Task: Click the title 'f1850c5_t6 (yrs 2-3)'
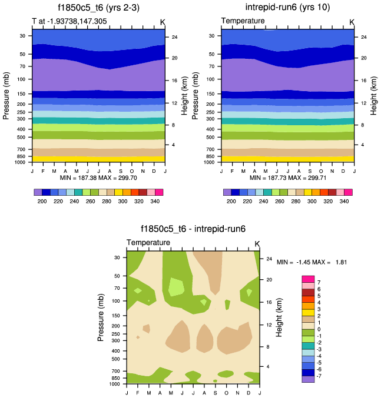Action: [98, 8]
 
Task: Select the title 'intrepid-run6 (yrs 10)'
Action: [287, 8]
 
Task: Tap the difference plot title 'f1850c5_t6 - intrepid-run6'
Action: [193, 229]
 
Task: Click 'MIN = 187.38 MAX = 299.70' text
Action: [98, 177]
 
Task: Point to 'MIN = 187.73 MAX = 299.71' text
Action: [287, 177]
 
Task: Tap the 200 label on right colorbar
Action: [231, 201]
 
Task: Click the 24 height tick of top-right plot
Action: [364, 37]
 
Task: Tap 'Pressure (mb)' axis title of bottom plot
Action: [101, 317]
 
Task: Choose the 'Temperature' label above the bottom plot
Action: [148, 242]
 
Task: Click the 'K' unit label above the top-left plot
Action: [163, 22]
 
